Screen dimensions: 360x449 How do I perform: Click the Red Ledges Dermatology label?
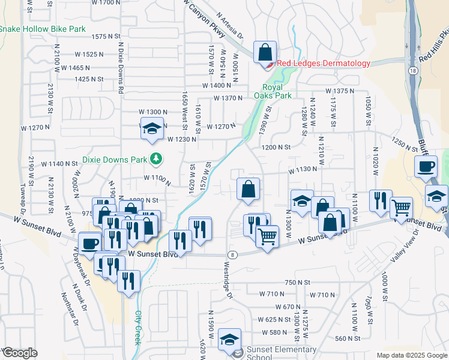point(323,64)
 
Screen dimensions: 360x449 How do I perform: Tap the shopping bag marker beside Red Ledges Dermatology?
point(265,52)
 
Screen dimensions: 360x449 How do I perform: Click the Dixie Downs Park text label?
point(114,160)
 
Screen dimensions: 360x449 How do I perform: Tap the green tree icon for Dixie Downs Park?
point(156,159)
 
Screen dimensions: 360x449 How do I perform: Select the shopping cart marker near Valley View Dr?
point(401,208)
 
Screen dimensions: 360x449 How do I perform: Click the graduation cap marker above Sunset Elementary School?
point(229,340)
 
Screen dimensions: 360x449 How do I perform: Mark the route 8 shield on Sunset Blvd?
point(232,254)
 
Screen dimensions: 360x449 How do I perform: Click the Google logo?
point(20,353)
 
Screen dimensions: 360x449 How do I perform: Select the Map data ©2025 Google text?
point(411,355)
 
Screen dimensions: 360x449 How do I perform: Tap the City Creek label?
point(137,327)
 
